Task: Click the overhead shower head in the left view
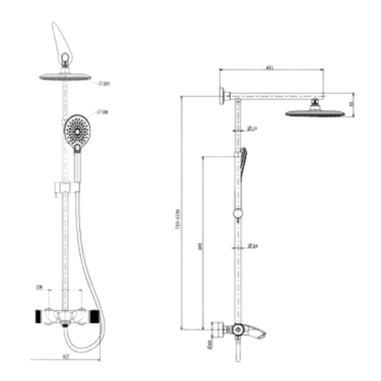pyautogui.click(x=65, y=76)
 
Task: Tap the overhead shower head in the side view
pyautogui.click(x=314, y=114)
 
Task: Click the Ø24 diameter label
pyautogui.click(x=253, y=245)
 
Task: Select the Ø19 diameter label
pyautogui.click(x=251, y=129)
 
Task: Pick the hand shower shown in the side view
pyautogui.click(x=242, y=162)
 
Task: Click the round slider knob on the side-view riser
pyautogui.click(x=238, y=214)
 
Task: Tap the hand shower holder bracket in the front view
pyautogui.click(x=66, y=186)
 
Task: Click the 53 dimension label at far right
pyautogui.click(x=351, y=104)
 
